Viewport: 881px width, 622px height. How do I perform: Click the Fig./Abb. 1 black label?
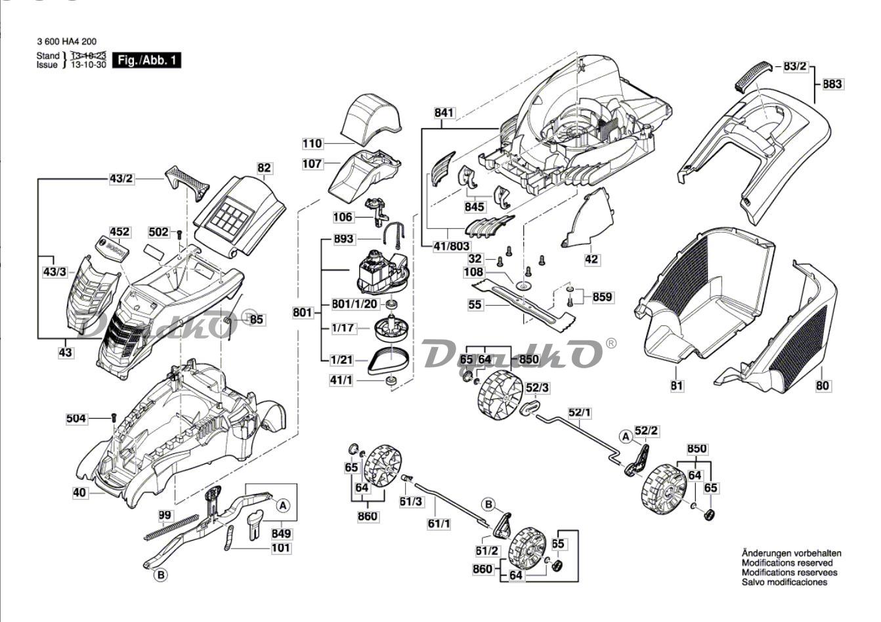(147, 61)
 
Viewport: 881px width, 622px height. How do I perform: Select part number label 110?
(312, 144)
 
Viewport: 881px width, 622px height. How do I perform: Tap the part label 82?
(264, 168)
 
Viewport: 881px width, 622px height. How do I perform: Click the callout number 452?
(119, 232)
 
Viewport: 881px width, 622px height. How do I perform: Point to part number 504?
(76, 418)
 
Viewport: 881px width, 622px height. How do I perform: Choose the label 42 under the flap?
(591, 259)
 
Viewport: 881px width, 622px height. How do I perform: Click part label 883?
(832, 84)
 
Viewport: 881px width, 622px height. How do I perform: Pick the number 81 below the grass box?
(677, 386)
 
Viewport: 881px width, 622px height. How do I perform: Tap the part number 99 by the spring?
(165, 516)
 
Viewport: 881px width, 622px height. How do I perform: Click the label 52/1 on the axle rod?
(580, 413)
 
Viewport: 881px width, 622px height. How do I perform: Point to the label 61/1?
(439, 524)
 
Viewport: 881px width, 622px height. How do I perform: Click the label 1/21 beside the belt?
(342, 360)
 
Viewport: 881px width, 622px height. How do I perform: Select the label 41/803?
(451, 247)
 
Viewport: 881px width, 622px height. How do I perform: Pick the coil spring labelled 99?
(171, 527)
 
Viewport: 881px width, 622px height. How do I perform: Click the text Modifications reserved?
(787, 563)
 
